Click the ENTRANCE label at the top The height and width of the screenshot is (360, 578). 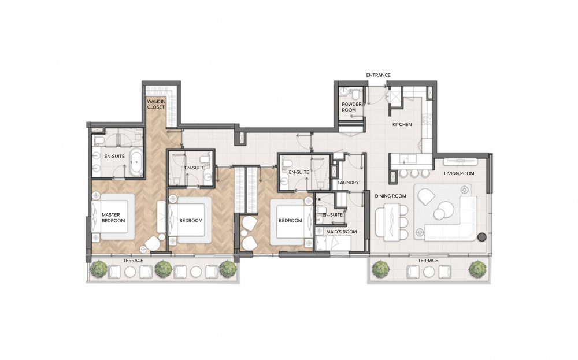[378, 75]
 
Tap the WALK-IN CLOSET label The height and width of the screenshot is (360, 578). [156, 104]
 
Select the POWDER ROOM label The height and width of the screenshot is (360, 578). [351, 107]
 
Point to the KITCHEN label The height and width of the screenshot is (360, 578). [402, 125]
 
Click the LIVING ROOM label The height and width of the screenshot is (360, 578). [459, 173]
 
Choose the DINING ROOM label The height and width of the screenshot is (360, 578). [390, 196]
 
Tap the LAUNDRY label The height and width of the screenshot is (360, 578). [348, 183]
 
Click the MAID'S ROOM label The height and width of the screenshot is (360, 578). [342, 232]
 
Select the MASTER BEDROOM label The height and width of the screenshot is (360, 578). [113, 218]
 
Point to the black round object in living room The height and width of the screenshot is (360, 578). [481, 237]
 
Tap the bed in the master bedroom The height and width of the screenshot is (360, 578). [113, 217]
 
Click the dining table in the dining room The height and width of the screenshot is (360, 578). [390, 223]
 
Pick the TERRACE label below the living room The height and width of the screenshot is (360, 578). [428, 261]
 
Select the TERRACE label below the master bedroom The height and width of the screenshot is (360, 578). [133, 261]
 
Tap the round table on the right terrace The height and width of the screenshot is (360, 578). [429, 272]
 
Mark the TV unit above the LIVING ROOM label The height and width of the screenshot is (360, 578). [460, 162]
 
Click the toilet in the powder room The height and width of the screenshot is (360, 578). [356, 94]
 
